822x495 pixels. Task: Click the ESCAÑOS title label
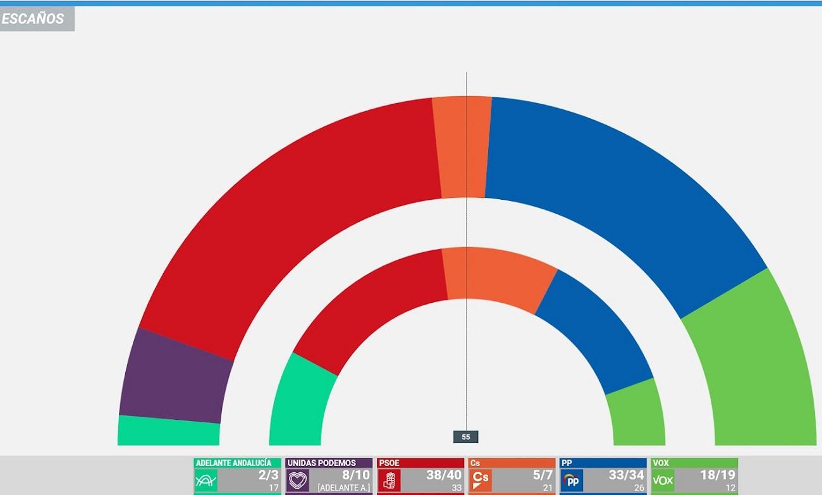(33, 19)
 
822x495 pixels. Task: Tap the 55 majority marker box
(466, 437)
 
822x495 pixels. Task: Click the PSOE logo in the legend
(390, 480)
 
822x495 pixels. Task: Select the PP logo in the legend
(572, 480)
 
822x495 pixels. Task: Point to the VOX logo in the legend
(663, 480)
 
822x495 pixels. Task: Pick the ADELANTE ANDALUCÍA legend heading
(234, 463)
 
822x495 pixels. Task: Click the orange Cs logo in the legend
(481, 480)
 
